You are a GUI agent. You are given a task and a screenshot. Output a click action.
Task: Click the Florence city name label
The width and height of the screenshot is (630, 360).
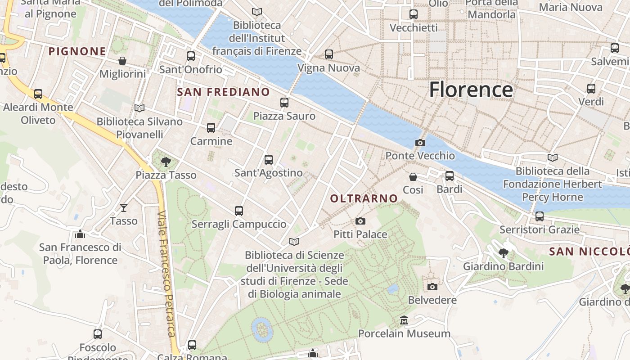(471, 90)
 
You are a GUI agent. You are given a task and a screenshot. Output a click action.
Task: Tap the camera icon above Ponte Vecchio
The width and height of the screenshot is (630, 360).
(420, 143)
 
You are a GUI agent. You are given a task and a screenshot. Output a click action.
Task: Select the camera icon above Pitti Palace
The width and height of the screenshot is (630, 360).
(360, 221)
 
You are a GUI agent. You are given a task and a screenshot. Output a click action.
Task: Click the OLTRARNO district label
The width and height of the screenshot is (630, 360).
(364, 198)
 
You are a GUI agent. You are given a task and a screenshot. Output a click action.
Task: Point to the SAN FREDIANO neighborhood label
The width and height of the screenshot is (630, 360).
(223, 92)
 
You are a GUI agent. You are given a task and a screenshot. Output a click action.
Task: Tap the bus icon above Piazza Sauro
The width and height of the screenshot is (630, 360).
(284, 103)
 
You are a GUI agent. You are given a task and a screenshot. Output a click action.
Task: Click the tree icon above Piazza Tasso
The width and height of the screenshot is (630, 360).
(166, 162)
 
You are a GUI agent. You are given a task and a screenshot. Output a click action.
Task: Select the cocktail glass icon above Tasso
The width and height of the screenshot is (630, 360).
(124, 207)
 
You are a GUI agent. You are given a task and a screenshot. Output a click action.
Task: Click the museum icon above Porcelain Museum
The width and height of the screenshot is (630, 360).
(404, 320)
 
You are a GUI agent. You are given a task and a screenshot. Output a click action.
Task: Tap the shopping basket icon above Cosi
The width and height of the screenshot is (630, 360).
(413, 177)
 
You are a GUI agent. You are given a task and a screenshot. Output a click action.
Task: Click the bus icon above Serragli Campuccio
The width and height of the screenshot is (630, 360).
(238, 211)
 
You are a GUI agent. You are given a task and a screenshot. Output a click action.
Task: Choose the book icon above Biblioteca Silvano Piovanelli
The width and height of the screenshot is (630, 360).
(139, 108)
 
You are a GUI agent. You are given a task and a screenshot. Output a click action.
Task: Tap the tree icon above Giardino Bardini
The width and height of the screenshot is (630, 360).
(504, 253)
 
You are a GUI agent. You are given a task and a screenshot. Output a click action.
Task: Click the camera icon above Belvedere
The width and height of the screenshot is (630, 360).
(432, 287)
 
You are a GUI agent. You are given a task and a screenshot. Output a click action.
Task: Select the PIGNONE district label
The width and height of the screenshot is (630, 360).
(77, 52)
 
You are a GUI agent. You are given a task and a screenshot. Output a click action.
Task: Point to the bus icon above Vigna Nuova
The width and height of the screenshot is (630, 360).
(329, 54)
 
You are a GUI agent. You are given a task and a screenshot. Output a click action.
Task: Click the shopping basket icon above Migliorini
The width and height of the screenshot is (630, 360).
(122, 61)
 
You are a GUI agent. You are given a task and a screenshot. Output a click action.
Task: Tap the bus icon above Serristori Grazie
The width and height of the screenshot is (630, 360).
(539, 216)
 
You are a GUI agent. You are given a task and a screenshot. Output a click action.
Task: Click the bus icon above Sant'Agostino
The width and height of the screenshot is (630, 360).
(269, 159)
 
